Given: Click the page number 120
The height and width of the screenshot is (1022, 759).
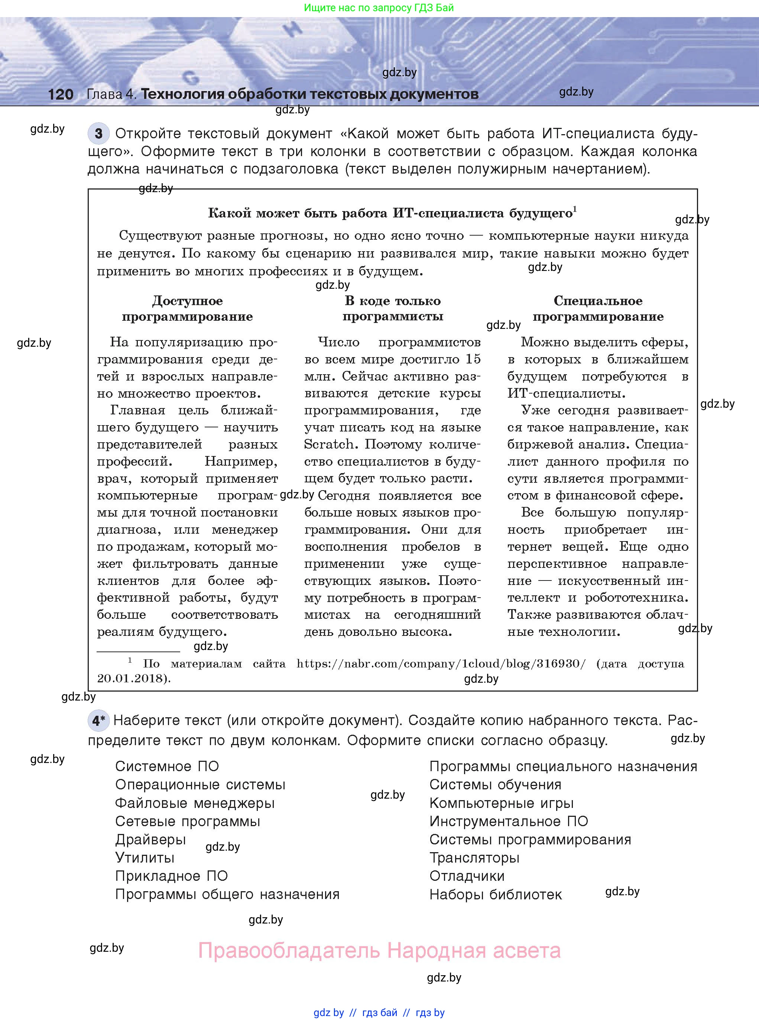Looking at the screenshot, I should pos(60,95).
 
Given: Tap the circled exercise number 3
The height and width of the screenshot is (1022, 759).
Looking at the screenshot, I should pos(98,134).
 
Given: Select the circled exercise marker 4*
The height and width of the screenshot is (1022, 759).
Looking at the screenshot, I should pos(98,721).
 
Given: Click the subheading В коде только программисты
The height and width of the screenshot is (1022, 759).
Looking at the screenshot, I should pos(393,309).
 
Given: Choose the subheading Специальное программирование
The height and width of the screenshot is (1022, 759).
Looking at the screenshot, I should pos(598,309).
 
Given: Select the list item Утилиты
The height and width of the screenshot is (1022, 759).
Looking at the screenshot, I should pos(145,858).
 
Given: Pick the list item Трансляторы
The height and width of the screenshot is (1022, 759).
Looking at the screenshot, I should pos(474,858).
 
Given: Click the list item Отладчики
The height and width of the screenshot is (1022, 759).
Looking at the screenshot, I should pos(467,876).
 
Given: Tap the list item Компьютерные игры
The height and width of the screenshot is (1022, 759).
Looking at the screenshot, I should pos(501,803).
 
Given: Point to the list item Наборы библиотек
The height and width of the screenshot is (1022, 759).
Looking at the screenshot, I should pos(495,895).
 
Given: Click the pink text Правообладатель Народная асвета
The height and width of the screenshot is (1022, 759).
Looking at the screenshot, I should pos(379,950).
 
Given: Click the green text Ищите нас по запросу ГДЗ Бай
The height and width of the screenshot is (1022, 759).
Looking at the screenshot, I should pos(379,8).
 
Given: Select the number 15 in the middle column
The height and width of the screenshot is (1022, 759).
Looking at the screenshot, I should pos(473,359).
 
